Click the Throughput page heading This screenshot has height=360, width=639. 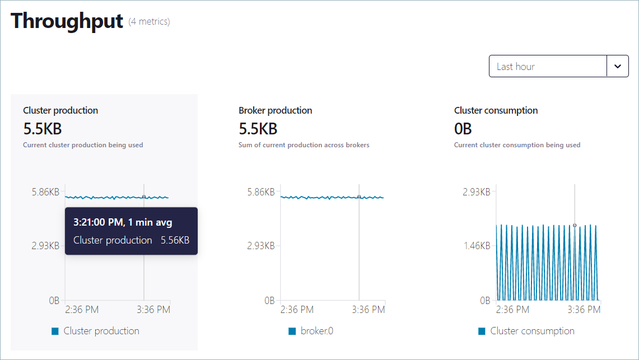coord(67,21)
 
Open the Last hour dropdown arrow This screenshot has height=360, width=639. coord(617,66)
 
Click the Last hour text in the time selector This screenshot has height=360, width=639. coord(516,67)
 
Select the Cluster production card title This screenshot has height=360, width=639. coord(60,110)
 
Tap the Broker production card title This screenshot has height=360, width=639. coord(276,110)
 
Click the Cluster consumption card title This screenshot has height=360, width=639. coord(496,110)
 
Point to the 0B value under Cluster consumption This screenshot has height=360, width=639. coord(463,129)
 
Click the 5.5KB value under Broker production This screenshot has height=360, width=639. coord(258,129)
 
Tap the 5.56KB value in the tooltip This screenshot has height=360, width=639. coord(175,240)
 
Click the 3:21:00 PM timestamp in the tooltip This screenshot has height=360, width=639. coord(98,222)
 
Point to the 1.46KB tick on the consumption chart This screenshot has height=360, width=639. coord(476,246)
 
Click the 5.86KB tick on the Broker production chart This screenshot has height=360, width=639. coord(260,192)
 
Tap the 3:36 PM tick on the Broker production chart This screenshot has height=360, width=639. coord(369,310)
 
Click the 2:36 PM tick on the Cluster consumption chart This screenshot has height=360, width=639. coord(513,310)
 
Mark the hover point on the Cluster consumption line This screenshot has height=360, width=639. coord(575,225)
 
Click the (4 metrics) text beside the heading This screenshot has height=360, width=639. coord(149,22)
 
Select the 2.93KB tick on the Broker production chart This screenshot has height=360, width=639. coord(260,246)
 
